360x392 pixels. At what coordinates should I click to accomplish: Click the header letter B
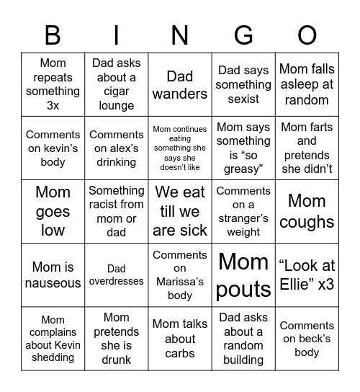point(53,35)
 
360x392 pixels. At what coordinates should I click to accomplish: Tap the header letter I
point(117,35)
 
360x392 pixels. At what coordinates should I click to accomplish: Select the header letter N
point(180,35)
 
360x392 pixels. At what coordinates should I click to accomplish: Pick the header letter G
point(243,35)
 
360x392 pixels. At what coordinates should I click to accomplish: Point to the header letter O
point(307,35)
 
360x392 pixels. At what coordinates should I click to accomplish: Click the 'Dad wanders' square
point(180,84)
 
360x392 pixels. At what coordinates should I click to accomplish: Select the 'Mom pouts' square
point(243,275)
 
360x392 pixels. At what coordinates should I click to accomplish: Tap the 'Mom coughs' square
point(307,211)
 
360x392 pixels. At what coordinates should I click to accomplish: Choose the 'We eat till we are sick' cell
point(180,211)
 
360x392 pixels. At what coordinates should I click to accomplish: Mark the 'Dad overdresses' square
point(117,275)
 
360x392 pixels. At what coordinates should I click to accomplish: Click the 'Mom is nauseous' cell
point(53,275)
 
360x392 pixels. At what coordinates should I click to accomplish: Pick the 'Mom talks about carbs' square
point(180,339)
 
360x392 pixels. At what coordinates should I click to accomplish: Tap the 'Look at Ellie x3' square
point(307,275)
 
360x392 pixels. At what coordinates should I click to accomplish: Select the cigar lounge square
point(117,84)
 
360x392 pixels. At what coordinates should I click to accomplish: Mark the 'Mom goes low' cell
point(53,211)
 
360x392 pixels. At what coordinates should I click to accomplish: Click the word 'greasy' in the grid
point(243,169)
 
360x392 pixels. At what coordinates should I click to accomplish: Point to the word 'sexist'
point(243,99)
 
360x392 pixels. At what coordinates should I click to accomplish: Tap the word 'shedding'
point(53,357)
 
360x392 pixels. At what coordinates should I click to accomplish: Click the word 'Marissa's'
point(180,281)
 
